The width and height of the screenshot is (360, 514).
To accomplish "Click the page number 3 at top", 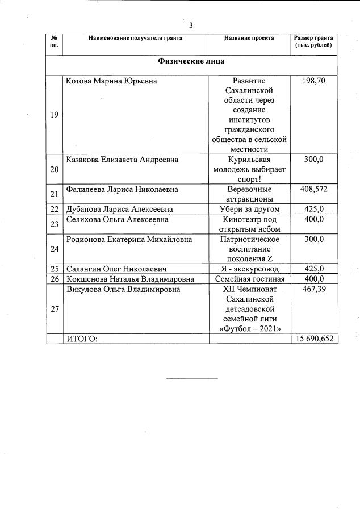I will [191, 25].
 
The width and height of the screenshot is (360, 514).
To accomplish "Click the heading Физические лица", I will [192, 61].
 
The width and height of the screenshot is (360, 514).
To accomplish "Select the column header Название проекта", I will [249, 39].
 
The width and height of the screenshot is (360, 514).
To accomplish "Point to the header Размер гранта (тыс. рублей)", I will [313, 41].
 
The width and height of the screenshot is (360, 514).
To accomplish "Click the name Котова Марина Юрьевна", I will [111, 81].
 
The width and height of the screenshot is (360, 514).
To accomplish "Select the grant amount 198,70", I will [313, 81].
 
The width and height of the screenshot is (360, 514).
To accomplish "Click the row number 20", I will [55, 169].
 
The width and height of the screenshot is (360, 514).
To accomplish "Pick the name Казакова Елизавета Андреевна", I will [122, 160].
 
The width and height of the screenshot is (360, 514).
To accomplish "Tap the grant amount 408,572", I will [313, 189].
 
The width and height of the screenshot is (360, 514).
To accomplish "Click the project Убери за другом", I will [249, 209].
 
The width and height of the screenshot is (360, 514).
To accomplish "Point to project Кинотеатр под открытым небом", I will [249, 224].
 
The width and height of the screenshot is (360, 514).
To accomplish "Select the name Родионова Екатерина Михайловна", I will [129, 239].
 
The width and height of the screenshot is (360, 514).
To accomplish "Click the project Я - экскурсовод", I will [249, 269].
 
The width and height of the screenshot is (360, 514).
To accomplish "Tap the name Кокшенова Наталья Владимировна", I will [130, 279].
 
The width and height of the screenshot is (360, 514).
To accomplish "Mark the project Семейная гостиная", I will [249, 279].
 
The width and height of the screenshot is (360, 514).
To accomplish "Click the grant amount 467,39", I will [313, 289].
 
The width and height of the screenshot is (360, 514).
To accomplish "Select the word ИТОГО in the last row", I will [82, 339].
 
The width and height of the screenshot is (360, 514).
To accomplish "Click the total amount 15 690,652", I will [313, 339].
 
